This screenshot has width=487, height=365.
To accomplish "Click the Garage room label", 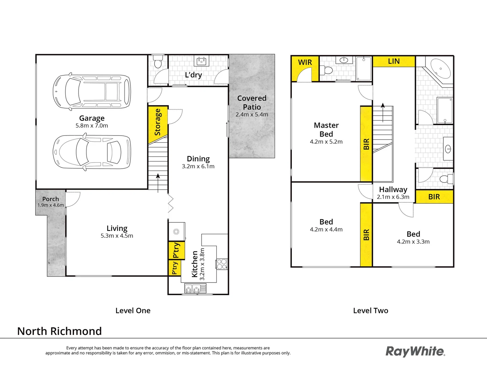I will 92,118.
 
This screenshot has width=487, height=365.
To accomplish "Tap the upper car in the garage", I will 92,91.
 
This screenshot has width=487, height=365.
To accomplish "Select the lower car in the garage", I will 92,152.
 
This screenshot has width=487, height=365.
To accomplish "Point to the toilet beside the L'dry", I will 158,63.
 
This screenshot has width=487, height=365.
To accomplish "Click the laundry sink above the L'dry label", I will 201,61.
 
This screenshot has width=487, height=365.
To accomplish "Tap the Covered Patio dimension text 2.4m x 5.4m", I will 252,115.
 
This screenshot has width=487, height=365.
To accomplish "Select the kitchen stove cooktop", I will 222,264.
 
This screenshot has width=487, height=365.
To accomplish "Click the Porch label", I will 50,199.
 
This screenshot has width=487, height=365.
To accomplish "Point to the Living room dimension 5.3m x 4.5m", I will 117,236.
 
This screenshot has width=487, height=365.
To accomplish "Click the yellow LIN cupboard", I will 394,61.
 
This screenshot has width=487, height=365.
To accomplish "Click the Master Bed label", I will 326,129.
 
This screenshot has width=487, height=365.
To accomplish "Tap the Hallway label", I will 393,190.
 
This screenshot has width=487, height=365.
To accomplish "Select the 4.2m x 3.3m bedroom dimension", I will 413,242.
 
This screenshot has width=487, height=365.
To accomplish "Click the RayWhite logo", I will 415,351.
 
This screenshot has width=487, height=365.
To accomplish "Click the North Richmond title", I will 60,331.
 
